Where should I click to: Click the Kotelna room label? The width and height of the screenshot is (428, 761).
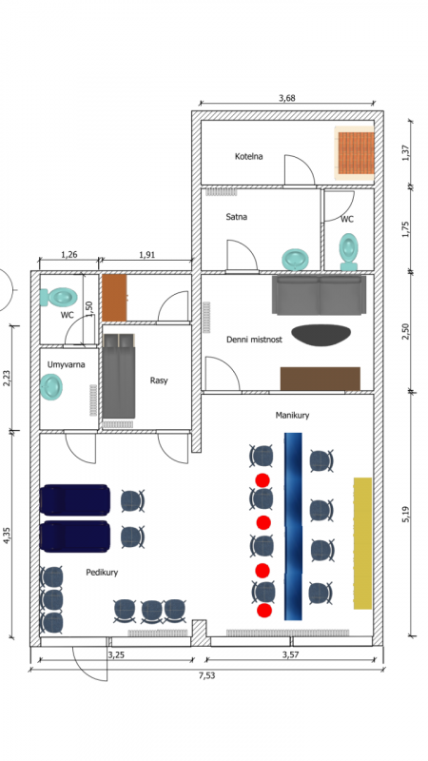[248, 156]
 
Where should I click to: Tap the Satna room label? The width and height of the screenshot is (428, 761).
[236, 217]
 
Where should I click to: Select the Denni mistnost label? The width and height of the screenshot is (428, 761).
[254, 340]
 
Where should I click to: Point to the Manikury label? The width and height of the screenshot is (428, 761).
[292, 415]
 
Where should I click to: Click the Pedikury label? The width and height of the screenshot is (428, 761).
[102, 573]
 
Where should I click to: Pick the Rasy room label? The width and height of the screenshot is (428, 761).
[159, 380]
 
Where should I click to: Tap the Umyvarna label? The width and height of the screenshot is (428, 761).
[66, 364]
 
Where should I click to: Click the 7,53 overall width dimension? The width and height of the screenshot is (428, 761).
[206, 675]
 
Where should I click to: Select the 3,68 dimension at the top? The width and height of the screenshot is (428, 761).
[287, 98]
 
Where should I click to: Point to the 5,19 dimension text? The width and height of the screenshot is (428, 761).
[406, 515]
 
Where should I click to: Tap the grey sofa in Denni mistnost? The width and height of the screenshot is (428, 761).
[319, 295]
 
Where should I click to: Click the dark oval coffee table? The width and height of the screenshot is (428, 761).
[321, 335]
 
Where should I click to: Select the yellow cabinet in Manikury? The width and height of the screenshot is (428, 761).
[362, 543]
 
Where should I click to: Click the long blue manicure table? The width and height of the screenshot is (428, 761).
[293, 526]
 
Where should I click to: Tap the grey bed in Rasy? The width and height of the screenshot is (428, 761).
[118, 376]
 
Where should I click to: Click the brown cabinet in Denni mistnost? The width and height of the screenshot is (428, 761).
[321, 379]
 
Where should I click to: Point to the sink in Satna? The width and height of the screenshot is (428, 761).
[296, 259]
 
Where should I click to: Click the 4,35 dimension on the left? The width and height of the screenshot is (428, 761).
[7, 534]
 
